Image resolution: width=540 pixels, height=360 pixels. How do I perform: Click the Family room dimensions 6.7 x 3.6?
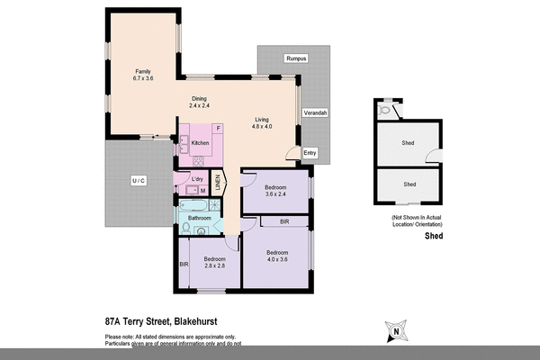(x=142, y=78)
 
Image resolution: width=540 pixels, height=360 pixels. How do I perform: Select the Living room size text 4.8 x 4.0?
(x=261, y=127)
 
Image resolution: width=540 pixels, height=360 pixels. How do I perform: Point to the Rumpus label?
(x=296, y=58)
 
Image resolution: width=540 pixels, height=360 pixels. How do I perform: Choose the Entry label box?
(x=310, y=153)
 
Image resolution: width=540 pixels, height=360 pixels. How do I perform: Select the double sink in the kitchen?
(x=184, y=144)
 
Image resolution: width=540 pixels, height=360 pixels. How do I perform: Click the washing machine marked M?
(x=202, y=191)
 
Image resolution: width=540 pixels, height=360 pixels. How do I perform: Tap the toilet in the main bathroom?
(x=184, y=230)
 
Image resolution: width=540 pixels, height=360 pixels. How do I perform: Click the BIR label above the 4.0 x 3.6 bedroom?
(x=283, y=220)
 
